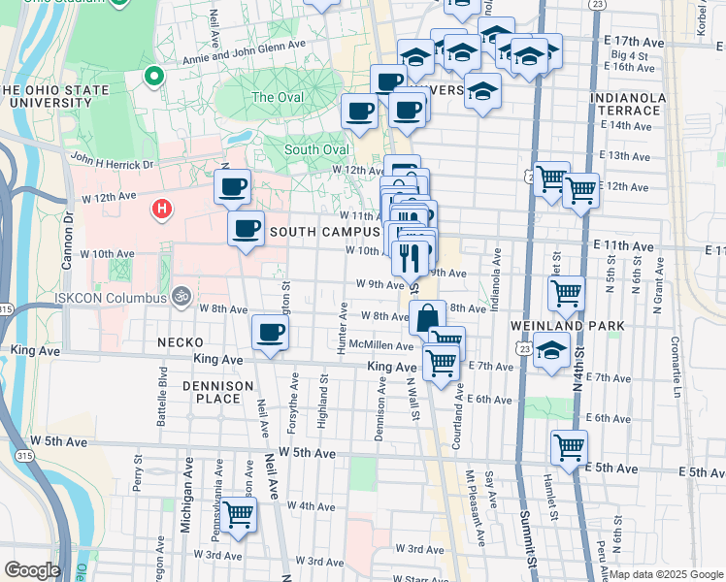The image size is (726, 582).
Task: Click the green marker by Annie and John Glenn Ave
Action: click(152, 76)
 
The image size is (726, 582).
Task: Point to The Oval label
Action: click(278, 98)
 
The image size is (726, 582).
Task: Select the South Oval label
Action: click(316, 150)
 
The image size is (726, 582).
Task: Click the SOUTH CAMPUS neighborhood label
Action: click(324, 232)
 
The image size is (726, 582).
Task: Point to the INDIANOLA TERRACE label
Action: click(632, 105)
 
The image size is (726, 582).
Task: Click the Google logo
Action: click(32, 569)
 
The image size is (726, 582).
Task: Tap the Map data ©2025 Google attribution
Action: click(666, 574)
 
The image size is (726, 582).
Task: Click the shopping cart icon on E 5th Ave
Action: click(569, 446)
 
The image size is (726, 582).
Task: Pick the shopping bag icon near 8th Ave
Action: click(427, 316)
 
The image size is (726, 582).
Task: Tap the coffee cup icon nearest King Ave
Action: click(270, 332)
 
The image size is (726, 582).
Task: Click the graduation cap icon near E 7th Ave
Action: click(551, 351)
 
